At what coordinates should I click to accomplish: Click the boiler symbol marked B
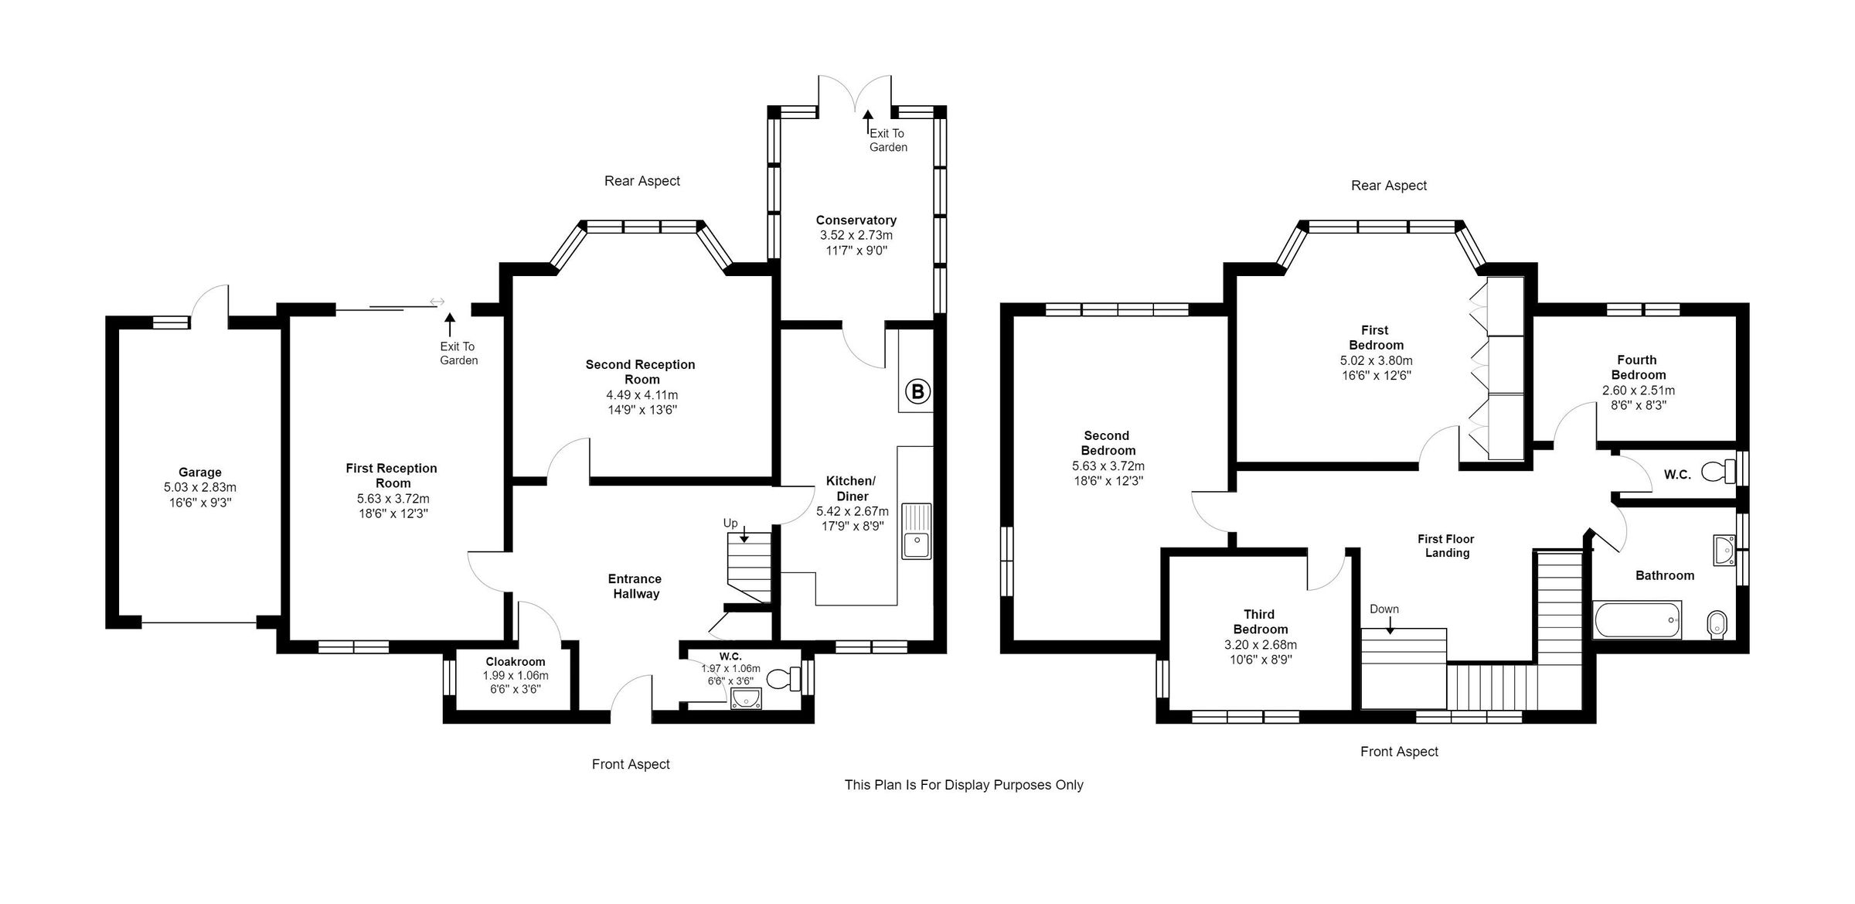point(917,391)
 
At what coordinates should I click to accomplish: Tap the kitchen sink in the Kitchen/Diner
point(917,531)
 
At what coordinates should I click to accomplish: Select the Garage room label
point(200,472)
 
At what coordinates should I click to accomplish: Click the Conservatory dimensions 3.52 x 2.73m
point(856,235)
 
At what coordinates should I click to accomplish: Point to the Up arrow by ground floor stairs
point(744,534)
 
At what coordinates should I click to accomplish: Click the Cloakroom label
point(516,661)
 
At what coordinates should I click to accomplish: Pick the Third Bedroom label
point(1261,622)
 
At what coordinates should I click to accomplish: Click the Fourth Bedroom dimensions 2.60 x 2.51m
point(1639,390)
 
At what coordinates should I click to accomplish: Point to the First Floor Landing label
point(1446,546)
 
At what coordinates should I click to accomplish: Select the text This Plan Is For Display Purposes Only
point(964,785)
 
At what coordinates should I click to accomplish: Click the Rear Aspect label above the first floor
point(1389,186)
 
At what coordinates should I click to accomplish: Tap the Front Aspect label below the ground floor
point(631,764)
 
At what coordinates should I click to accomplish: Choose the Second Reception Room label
point(641,372)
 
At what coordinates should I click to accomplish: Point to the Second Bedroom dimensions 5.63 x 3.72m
point(1108,466)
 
